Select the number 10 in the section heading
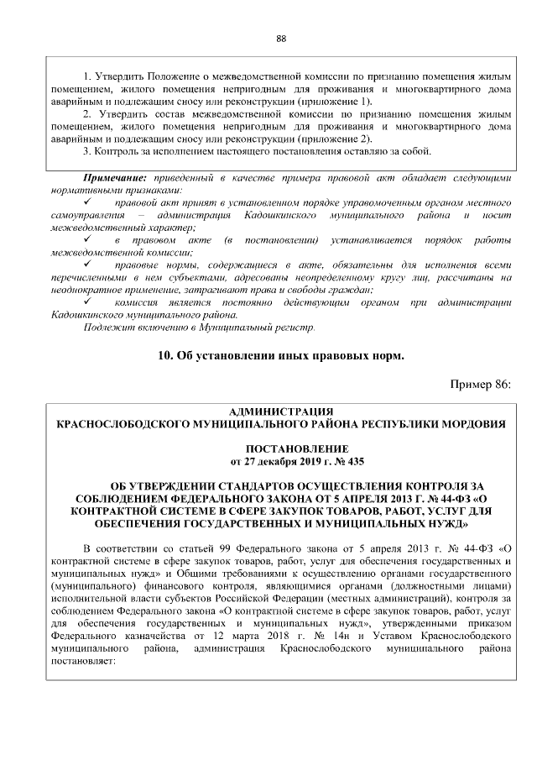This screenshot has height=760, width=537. tap(164, 355)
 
